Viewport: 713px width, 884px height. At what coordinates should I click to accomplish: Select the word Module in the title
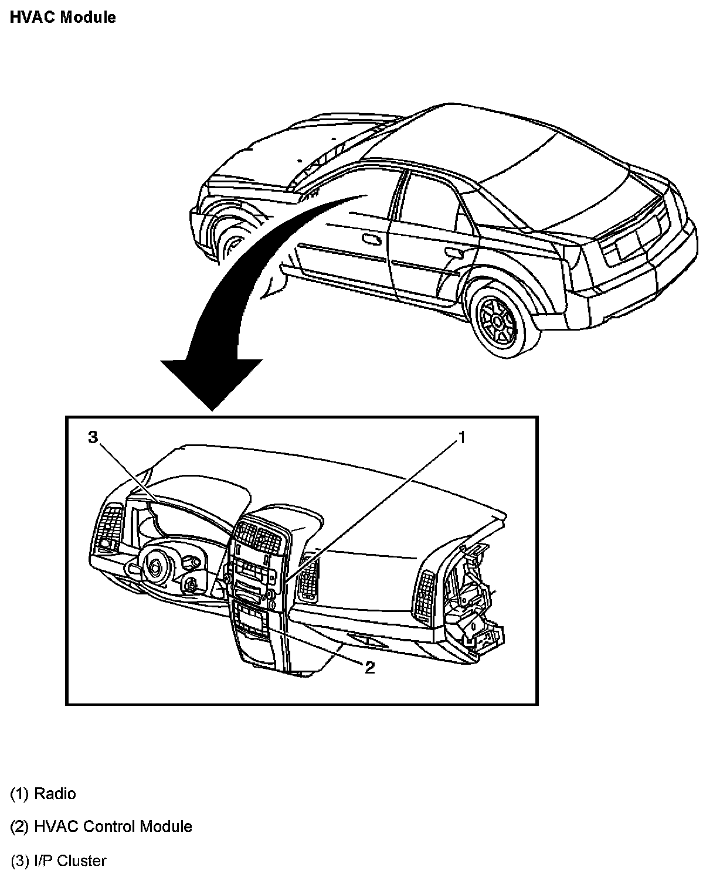pyautogui.click(x=89, y=17)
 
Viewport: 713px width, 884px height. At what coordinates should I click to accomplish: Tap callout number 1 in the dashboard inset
pyautogui.click(x=461, y=437)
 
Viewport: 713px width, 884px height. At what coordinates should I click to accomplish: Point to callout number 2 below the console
pyautogui.click(x=369, y=667)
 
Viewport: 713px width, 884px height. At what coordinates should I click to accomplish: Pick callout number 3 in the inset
pyautogui.click(x=92, y=437)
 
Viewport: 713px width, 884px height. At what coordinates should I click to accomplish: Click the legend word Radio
pyautogui.click(x=55, y=794)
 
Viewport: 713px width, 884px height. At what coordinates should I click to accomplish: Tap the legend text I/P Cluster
pyautogui.click(x=70, y=861)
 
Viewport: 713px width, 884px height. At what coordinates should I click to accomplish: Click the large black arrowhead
pyautogui.click(x=211, y=381)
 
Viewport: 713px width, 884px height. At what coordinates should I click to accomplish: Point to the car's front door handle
pyautogui.click(x=371, y=239)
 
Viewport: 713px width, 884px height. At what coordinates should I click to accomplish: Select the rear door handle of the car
pyautogui.click(x=453, y=252)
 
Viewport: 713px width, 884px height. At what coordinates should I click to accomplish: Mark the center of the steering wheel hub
pyautogui.click(x=156, y=566)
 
